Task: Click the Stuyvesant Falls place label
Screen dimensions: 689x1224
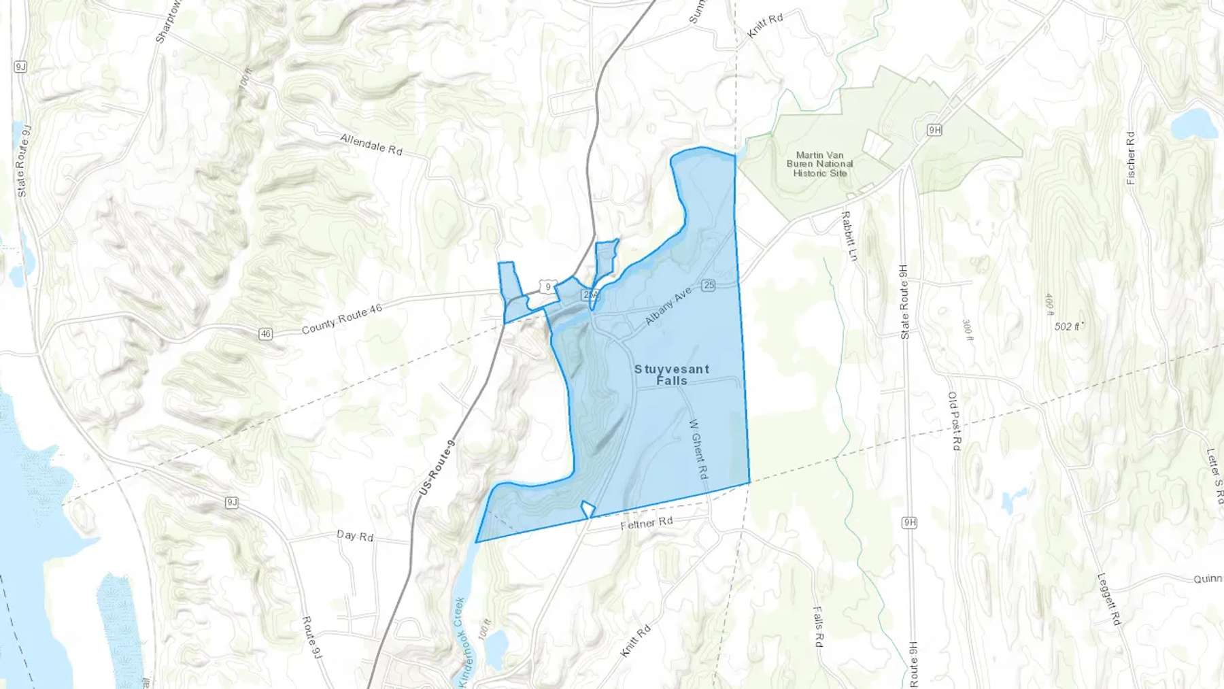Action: [x=672, y=375]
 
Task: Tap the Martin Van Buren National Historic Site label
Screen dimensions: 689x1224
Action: [x=819, y=164]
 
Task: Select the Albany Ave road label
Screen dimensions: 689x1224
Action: [x=668, y=306]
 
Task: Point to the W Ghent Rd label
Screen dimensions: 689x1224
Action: [x=698, y=450]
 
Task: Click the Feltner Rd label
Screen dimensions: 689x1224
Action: [x=647, y=523]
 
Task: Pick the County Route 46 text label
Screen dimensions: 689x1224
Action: [x=341, y=319]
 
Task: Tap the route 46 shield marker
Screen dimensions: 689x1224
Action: [x=265, y=334]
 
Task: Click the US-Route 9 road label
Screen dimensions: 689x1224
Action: [x=437, y=467]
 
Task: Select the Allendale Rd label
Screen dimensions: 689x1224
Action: [x=371, y=144]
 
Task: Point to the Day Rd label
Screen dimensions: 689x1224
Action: [x=355, y=536]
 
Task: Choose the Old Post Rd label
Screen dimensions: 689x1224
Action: [x=953, y=420]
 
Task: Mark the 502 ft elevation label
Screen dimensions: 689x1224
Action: [x=1068, y=326]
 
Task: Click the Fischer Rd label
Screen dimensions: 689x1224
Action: [x=1131, y=158]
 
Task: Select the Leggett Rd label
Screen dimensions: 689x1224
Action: [x=1108, y=599]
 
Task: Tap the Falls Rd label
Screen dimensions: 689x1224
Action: [x=818, y=626]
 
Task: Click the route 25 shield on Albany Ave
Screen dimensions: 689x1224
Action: [x=709, y=285]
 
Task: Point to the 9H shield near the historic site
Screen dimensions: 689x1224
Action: [x=934, y=130]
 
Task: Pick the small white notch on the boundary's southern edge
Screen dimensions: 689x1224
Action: [x=588, y=509]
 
